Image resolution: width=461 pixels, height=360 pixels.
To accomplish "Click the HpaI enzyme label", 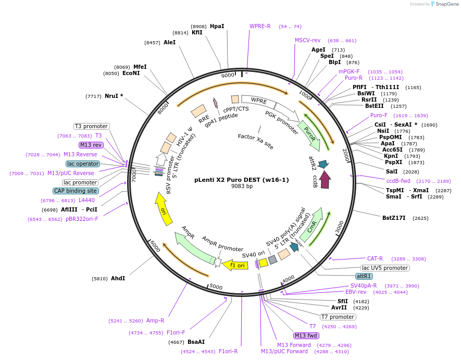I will (217, 26).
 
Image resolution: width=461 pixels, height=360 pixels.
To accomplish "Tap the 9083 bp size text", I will (242, 187).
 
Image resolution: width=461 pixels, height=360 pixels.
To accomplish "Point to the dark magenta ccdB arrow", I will (325, 180).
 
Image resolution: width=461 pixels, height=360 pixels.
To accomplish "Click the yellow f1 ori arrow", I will (235, 265).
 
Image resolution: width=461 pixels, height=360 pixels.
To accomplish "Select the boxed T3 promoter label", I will (91, 126).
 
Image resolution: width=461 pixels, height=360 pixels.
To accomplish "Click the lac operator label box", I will (83, 164).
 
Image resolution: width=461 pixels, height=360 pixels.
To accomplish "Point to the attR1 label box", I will (364, 276).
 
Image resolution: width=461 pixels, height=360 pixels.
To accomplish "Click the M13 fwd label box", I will (306, 336).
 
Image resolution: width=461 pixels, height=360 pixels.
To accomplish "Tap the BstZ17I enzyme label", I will (394, 218).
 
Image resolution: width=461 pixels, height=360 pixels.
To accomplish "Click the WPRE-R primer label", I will (260, 26).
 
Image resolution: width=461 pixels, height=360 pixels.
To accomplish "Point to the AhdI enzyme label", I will (118, 278).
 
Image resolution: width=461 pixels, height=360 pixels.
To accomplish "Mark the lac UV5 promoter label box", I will (385, 268).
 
